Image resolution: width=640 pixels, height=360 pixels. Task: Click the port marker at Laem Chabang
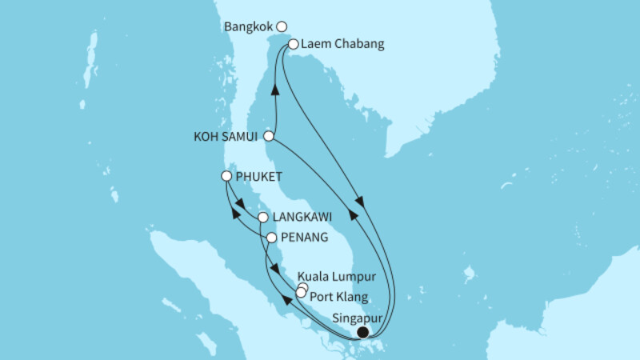coord(294,45)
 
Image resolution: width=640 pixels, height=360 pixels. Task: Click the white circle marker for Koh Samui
coord(270,136)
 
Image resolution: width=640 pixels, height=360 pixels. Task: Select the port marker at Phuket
coord(227,176)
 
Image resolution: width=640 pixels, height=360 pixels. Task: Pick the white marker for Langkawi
coord(262,217)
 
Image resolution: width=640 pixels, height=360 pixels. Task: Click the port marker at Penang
coord(271,238)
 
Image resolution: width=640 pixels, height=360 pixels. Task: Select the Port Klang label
coord(337,294)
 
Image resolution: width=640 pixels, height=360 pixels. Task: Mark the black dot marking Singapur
coord(362,332)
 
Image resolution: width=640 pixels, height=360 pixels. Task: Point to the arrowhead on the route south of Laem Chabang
coord(359,203)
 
